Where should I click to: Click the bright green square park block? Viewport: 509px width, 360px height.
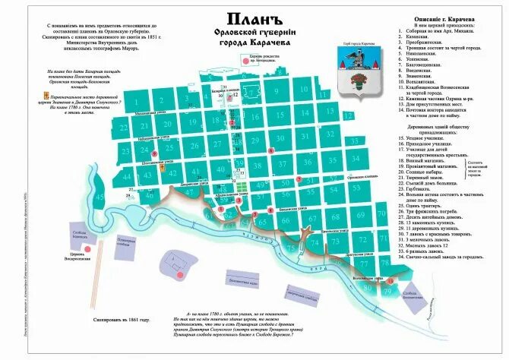[x=241, y=183]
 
